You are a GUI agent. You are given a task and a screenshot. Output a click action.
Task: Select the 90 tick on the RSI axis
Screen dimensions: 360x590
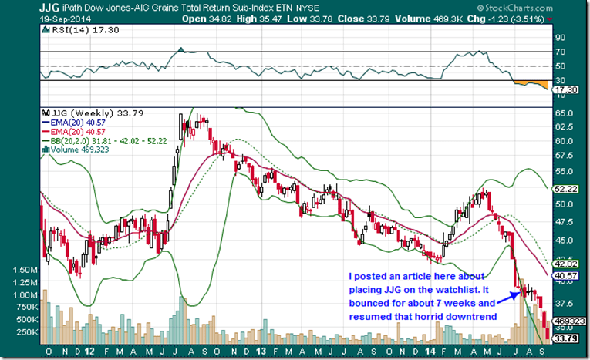(x=561, y=37)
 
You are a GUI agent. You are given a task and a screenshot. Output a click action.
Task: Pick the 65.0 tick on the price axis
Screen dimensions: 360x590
(x=565, y=113)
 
